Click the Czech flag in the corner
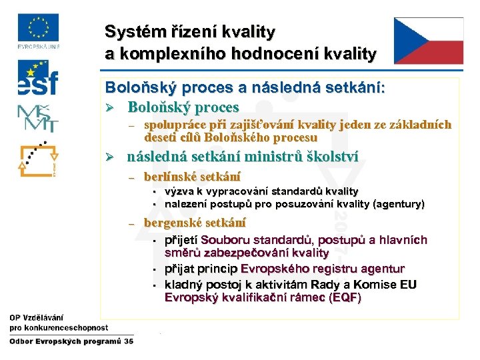pyautogui.click(x=428, y=41)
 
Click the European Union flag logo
pyautogui.click(x=37, y=29)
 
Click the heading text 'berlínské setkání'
pyautogui.click(x=193, y=177)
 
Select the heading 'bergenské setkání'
pyautogui.click(x=195, y=223)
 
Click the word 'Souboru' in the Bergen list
pyautogui.click(x=226, y=240)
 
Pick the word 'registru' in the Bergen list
pyautogui.click(x=323, y=269)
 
